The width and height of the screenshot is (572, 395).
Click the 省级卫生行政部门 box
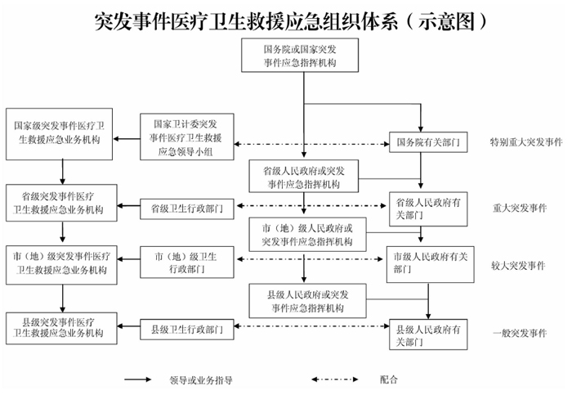187,209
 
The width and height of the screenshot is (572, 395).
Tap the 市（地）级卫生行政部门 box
187,263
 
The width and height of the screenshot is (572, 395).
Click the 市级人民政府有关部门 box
427,263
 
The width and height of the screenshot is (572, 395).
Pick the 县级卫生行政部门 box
187,330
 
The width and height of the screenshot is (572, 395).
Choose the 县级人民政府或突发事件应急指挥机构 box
307,301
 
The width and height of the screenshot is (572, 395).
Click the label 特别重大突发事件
527,142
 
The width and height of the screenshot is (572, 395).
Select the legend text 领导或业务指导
201,379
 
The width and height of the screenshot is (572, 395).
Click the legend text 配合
389,379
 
